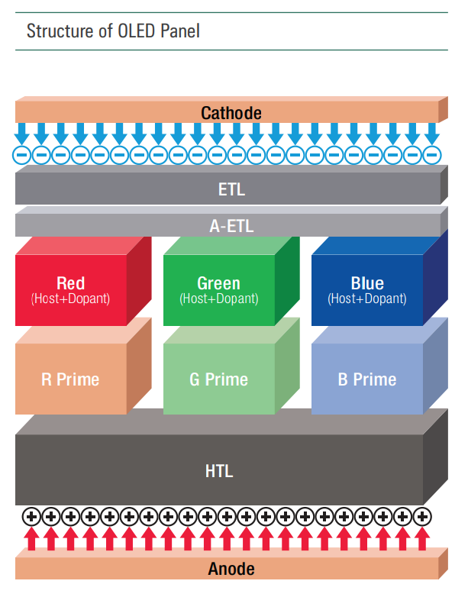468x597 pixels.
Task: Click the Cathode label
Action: [231, 113]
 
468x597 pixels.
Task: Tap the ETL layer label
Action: [231, 189]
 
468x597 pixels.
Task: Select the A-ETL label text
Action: [231, 226]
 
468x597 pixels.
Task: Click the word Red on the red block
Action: [70, 284]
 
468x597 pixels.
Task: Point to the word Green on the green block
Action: [218, 284]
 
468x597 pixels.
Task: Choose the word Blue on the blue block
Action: [367, 284]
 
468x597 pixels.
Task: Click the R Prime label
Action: [70, 379]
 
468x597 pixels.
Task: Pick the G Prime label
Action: [218, 379]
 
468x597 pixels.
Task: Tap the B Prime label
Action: [367, 379]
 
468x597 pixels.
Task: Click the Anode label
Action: [231, 569]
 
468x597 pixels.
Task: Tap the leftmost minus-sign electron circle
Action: [22, 155]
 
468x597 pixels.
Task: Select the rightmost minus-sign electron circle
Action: [432, 155]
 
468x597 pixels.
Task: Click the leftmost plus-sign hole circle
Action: [31, 517]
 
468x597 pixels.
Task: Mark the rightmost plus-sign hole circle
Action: [421, 517]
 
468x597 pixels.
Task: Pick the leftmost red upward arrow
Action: [31, 539]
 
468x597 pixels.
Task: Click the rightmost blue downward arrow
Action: [432, 133]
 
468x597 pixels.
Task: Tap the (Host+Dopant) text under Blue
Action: [367, 299]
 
